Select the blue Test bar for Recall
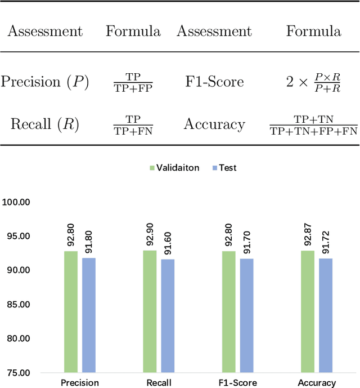point(168,315)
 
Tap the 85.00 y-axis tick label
point(17,304)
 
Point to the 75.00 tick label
point(17,373)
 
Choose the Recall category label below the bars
point(159,383)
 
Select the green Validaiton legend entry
point(174,168)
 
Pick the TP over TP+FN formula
point(133,125)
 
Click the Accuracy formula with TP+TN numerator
point(313,125)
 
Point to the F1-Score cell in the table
point(214,82)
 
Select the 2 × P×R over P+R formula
point(313,82)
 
